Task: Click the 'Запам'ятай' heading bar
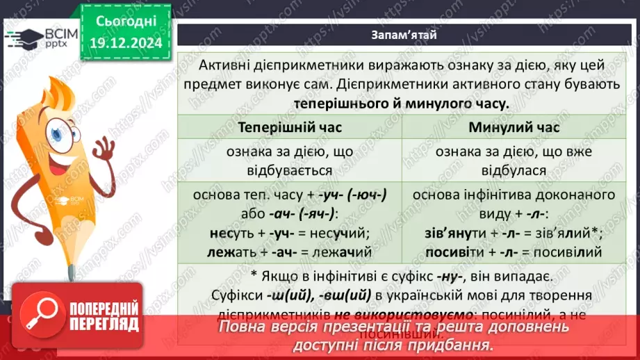coord(404,34)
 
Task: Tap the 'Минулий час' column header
coord(514,128)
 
